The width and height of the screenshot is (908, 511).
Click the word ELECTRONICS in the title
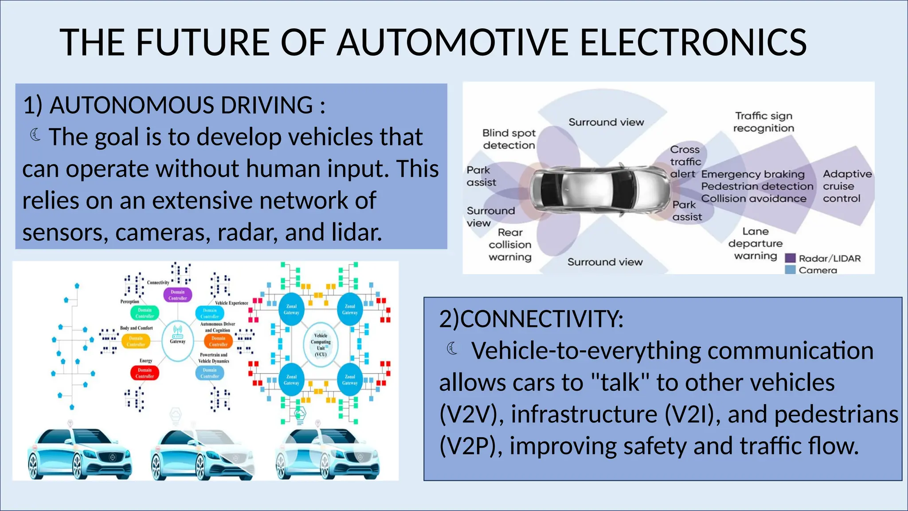[693, 43]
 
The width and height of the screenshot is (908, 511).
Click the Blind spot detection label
[509, 139]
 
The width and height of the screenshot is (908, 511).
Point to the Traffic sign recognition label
[763, 122]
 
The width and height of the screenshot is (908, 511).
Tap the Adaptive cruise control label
[847, 186]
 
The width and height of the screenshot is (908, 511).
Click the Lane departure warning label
[755, 244]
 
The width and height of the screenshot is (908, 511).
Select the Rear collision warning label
[510, 244]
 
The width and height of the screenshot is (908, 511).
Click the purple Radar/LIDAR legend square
[790, 258]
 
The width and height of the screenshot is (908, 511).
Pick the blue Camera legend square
[790, 270]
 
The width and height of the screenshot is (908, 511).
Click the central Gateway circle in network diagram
[177, 340]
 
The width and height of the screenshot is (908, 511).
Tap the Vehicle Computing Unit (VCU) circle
[321, 344]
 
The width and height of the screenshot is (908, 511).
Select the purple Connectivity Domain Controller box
[178, 295]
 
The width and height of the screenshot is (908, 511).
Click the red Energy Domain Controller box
[145, 373]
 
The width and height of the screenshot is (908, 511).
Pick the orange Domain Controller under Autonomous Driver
[218, 341]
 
